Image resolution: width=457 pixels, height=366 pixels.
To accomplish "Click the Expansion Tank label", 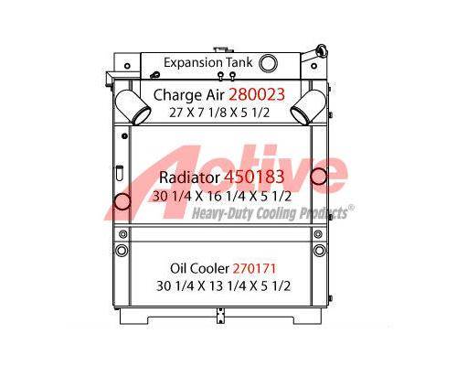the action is click(x=208, y=62).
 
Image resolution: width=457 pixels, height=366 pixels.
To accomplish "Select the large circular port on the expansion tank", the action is click(x=268, y=63).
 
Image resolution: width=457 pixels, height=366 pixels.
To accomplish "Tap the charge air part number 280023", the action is click(x=257, y=94).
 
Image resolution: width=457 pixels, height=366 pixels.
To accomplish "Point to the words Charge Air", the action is click(x=189, y=95).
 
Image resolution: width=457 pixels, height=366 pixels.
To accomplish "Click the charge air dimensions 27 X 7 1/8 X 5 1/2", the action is click(x=219, y=113).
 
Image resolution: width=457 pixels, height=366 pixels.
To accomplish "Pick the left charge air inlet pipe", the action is click(x=133, y=107).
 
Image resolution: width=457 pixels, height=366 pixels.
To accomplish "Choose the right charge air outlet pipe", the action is click(x=308, y=107).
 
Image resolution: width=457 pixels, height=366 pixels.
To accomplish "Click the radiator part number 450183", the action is click(x=254, y=177).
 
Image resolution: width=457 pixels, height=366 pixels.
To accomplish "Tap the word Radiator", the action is click(x=189, y=178).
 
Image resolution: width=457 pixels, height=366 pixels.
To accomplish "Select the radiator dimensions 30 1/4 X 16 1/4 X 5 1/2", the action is click(x=222, y=196).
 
